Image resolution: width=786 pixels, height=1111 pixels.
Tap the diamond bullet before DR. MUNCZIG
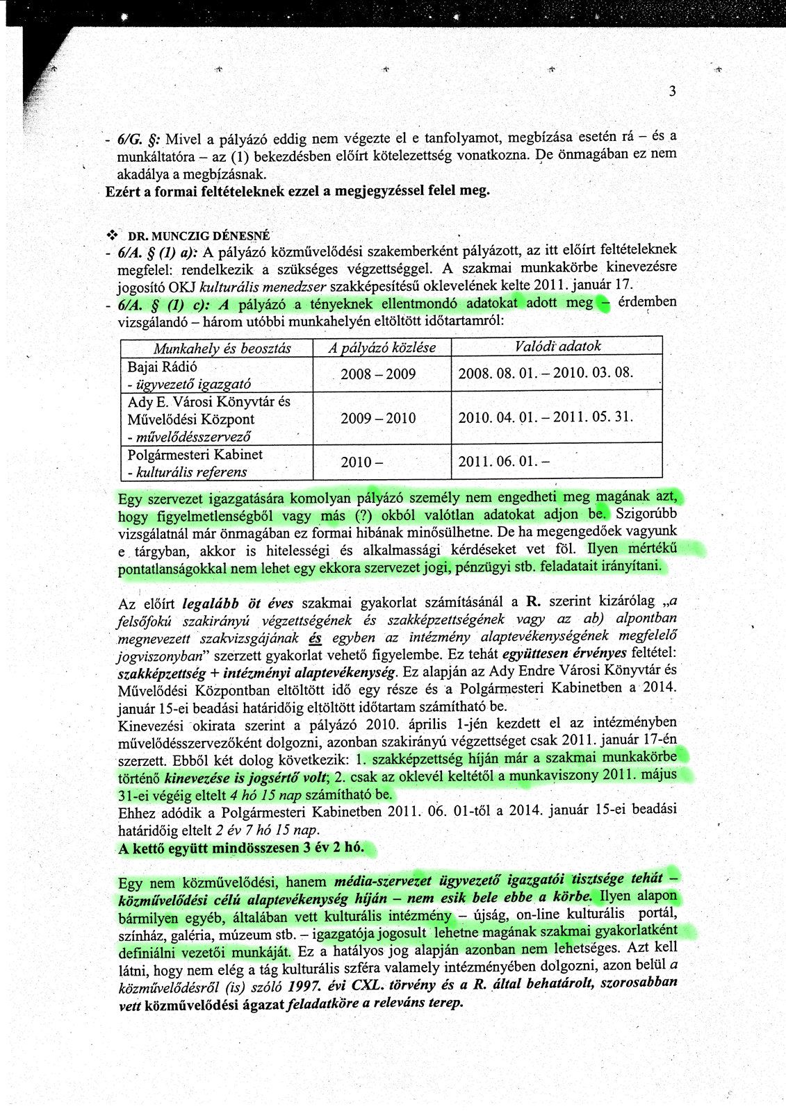(109, 235)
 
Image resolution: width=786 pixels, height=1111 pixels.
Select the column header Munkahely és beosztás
(222, 348)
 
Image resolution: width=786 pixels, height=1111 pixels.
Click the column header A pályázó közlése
(382, 348)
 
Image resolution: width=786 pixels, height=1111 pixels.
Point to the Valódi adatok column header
(557, 346)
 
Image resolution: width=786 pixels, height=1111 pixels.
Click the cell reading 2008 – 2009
(378, 374)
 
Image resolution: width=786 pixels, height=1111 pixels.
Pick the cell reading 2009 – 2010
(378, 418)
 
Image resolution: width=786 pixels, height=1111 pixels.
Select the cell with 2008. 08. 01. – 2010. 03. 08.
(546, 373)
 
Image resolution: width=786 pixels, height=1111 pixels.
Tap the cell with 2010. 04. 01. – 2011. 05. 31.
(546, 417)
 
